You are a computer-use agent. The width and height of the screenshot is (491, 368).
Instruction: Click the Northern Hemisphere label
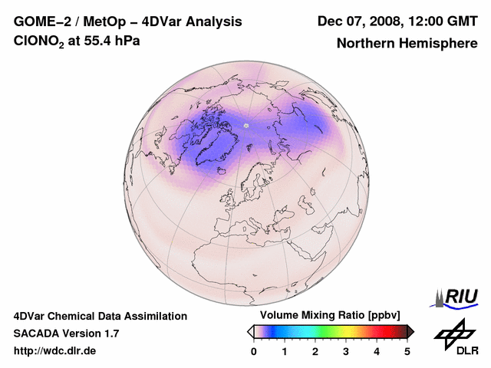(407, 44)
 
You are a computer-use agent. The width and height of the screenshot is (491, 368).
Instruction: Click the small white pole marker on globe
(246, 125)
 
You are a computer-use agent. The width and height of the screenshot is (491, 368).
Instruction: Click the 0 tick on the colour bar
(254, 351)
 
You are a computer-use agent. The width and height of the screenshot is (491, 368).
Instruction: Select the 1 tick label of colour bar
(285, 351)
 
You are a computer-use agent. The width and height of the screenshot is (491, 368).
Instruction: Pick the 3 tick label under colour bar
(346, 351)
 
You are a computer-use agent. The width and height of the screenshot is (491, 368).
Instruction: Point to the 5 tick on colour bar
(407, 351)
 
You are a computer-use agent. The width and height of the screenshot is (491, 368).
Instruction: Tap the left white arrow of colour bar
(250, 331)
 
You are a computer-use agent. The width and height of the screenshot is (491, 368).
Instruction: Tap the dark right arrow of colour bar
(410, 331)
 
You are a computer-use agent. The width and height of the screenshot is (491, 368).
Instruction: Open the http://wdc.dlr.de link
(55, 351)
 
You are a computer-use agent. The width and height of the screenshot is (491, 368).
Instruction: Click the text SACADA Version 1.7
(66, 333)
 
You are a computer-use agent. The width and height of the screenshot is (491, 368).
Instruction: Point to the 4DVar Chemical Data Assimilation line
(100, 316)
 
